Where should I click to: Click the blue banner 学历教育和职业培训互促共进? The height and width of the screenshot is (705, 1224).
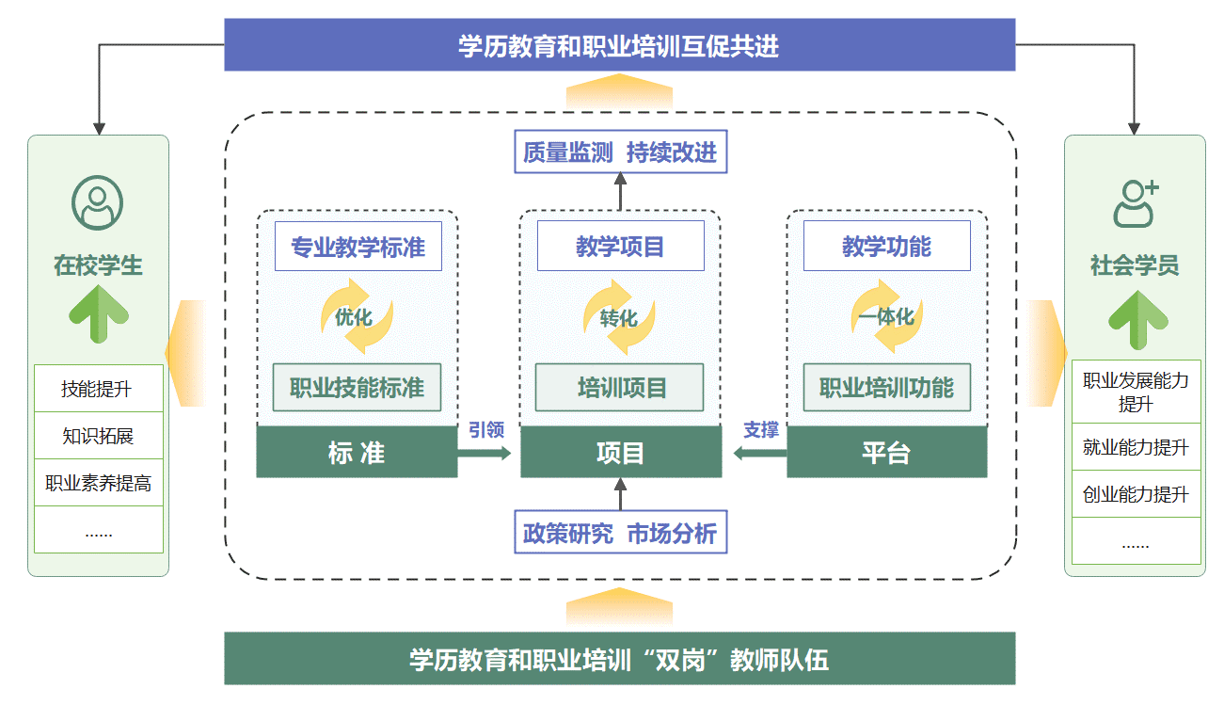pos(619,45)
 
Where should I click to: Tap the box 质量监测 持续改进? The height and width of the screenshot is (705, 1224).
pos(620,152)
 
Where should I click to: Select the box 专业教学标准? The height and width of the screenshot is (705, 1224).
pos(358,247)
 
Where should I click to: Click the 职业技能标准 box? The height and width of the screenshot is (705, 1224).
pos(357,387)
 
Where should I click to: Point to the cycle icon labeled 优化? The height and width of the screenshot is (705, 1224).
pos(356,316)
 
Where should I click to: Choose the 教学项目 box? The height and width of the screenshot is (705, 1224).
pos(620,247)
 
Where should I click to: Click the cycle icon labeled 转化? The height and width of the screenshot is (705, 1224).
pos(619,317)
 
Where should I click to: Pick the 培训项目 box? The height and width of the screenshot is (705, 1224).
pos(620,387)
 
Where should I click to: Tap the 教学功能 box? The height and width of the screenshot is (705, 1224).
pos(886,247)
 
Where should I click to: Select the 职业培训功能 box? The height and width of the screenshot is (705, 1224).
pos(886,387)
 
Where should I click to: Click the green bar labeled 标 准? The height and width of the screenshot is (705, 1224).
pos(357,453)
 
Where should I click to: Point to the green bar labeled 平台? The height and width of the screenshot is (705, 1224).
pos(886,453)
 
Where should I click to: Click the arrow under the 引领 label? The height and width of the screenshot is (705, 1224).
pos(485,454)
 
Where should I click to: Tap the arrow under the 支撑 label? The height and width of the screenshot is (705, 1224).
pos(759,454)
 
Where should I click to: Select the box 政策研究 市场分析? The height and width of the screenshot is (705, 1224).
pos(620,534)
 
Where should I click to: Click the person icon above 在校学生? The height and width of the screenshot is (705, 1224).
pos(98,202)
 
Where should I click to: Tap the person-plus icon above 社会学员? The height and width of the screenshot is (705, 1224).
pos(1135,202)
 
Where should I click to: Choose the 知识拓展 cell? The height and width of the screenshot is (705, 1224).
pos(98,436)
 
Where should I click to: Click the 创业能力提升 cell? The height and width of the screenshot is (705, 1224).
pos(1136,494)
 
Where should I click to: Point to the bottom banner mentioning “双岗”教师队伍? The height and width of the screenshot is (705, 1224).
pos(619,659)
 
